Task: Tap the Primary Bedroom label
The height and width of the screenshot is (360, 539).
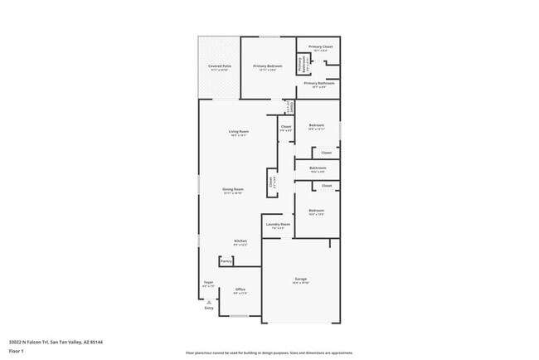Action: [268, 66]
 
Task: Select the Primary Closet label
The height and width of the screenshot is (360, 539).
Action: [320, 47]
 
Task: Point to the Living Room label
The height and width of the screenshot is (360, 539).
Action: [239, 132]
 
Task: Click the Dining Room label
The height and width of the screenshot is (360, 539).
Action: [232, 190]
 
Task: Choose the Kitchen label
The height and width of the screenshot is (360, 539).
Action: [240, 241]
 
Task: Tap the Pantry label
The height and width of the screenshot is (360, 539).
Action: [226, 261]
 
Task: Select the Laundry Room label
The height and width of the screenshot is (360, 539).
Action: [278, 224]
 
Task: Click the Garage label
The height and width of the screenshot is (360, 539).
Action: [300, 279]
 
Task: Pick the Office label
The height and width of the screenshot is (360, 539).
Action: [240, 289]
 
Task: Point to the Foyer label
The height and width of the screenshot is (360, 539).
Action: [209, 283]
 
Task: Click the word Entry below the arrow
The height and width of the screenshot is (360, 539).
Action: [209, 309]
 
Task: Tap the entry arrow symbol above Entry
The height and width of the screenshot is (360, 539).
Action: [209, 301]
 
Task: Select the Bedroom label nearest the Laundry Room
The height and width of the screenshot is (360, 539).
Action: [316, 211]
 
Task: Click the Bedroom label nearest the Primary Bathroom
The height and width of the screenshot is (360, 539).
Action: [316, 127]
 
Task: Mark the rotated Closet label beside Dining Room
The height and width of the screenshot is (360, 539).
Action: [270, 182]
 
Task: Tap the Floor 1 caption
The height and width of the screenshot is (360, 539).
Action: [17, 351]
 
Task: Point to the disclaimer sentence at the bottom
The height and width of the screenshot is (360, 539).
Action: [269, 352]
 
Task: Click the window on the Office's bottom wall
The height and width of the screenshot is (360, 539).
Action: [239, 316]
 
